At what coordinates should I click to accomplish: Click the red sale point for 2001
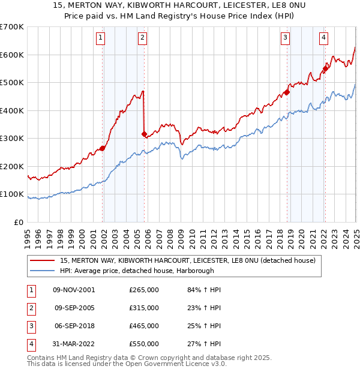[103, 148]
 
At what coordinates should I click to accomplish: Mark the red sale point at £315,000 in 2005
[145, 134]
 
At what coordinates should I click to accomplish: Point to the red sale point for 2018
[287, 92]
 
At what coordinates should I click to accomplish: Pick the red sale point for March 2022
[326, 69]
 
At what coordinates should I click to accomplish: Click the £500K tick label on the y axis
[12, 83]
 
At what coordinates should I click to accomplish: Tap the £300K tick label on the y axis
[12, 139]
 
